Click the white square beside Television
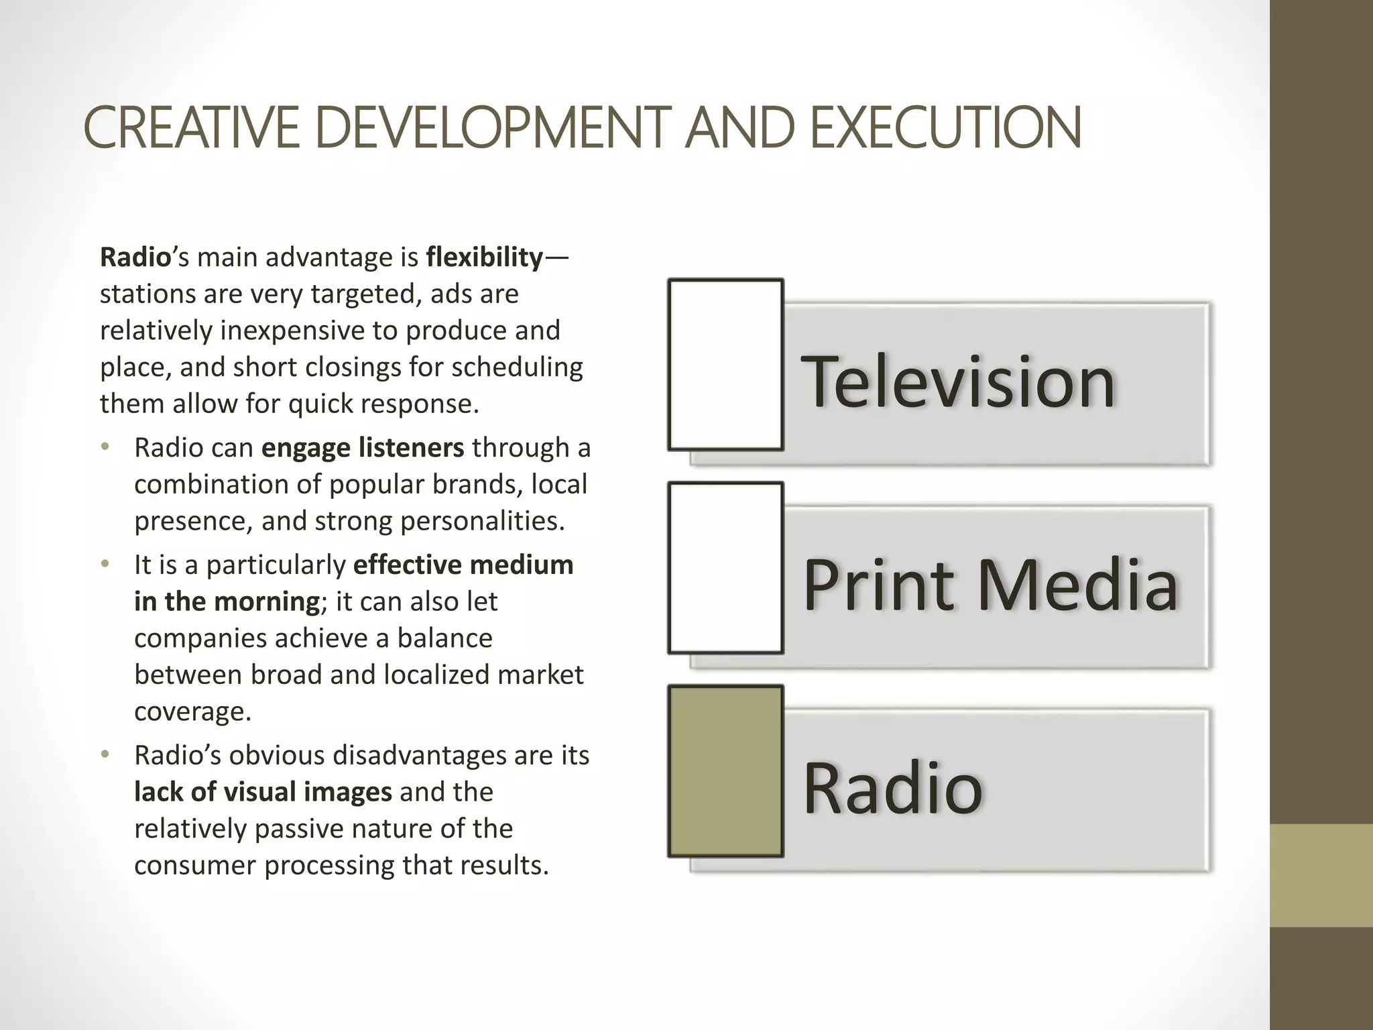pos(725,365)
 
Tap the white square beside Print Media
pos(725,568)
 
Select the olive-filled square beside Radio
pos(725,771)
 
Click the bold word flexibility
pos(484,257)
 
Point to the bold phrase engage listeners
pos(362,448)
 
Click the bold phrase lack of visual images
pos(263,793)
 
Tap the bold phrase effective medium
pos(463,565)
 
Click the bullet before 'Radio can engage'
pos(105,447)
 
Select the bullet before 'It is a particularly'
pos(105,565)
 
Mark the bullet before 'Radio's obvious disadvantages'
pos(105,755)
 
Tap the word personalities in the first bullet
pos(483,521)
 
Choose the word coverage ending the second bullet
pos(192,711)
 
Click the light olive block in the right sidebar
pos(1321,875)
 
